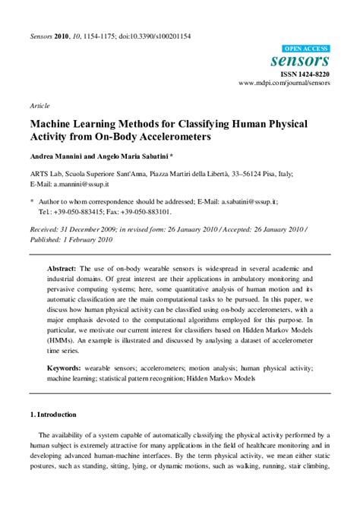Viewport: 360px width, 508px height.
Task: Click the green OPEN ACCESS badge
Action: point(307,47)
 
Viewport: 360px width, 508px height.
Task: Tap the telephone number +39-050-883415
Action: point(81,212)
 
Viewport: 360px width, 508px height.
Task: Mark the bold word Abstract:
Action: point(62,269)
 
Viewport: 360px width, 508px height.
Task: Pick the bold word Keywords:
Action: point(64,367)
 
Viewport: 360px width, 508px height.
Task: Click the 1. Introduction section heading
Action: point(53,415)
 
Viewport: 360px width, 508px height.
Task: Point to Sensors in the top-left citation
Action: point(40,36)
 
